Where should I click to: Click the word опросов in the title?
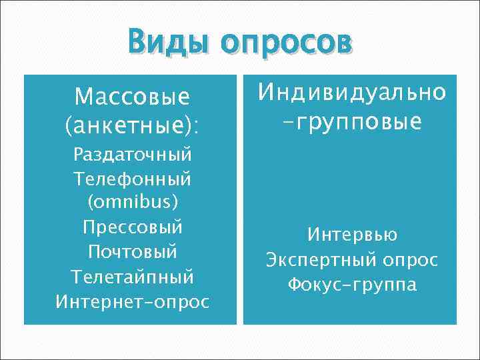pos(287,44)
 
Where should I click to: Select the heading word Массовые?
pos(132,97)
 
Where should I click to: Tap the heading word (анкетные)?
pos(132,124)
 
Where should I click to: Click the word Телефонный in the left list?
pos(132,179)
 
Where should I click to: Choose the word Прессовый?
pos(132,227)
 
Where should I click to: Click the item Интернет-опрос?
pos(132,301)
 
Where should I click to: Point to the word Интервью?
pos(352,235)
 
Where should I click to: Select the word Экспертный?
pos(323,260)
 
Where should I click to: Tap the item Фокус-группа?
pos(352,285)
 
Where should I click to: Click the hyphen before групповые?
pos(287,122)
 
